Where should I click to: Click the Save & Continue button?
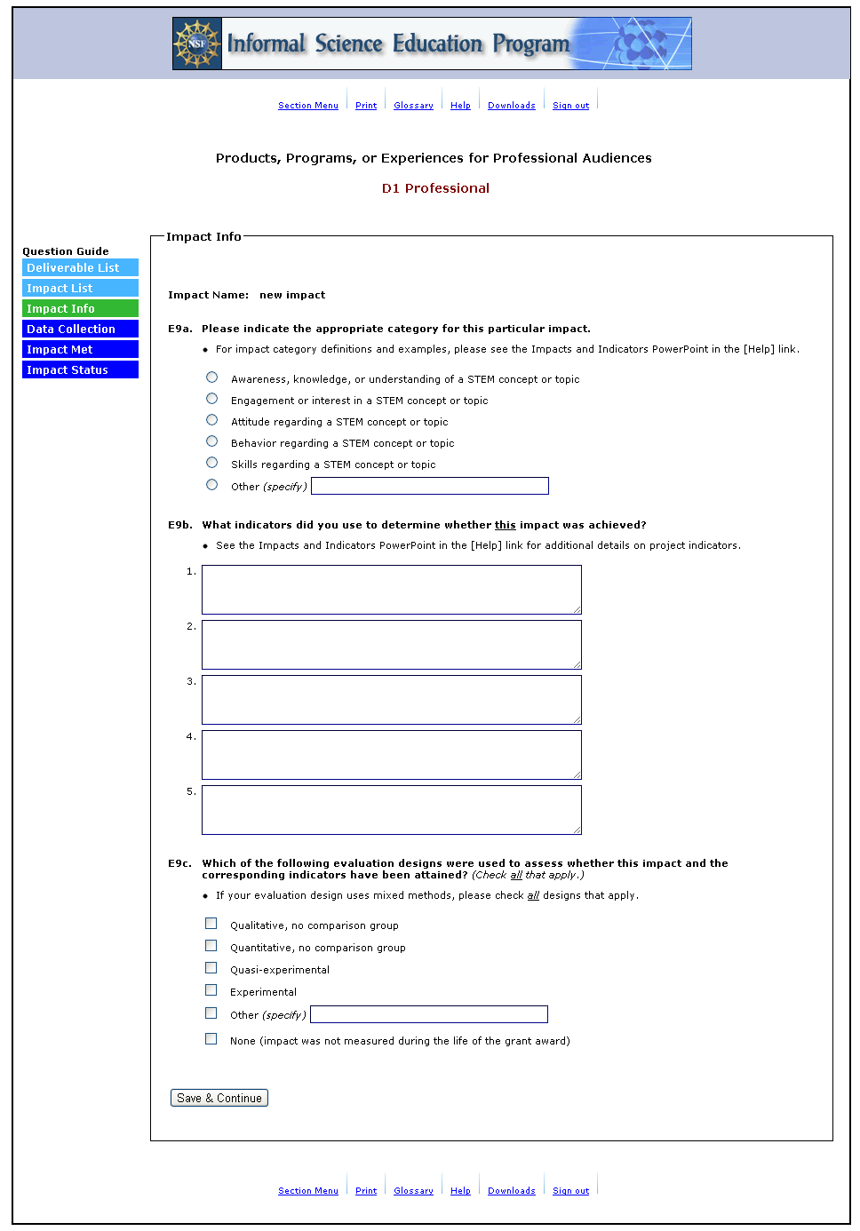[219, 1098]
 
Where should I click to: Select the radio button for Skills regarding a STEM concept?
[211, 463]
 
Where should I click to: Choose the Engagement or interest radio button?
[211, 399]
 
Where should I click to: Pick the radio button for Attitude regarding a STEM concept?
[211, 420]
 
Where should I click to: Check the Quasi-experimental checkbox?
[211, 968]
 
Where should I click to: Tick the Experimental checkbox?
[211, 990]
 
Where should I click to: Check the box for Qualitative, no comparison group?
[211, 924]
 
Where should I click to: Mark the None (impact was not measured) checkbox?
[211, 1039]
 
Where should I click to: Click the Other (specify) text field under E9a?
[429, 486]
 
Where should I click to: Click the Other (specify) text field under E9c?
[428, 1014]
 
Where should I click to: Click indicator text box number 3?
[391, 700]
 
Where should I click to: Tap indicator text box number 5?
[391, 810]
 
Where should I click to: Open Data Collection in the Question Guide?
[80, 330]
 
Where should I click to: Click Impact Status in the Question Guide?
[80, 370]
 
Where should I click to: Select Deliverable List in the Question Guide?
[80, 268]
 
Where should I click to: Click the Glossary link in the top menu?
[413, 106]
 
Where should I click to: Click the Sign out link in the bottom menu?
[570, 1191]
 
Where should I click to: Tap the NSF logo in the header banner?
[197, 44]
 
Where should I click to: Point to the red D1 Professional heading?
[435, 188]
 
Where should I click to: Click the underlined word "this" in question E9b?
[505, 525]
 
